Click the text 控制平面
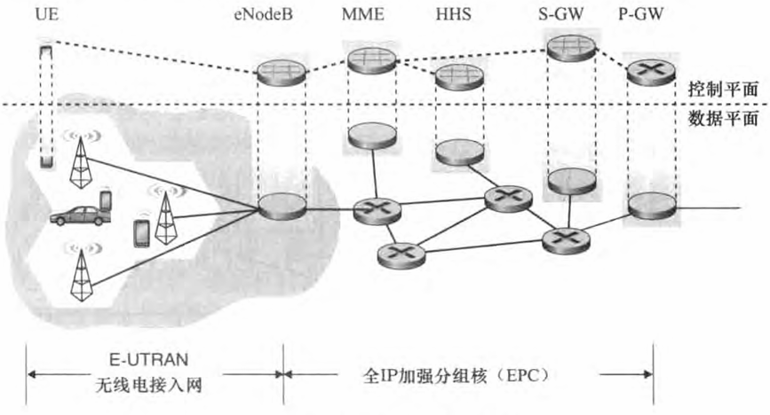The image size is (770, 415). pyautogui.click(x=720, y=90)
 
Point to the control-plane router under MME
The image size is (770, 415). pyautogui.click(x=367, y=59)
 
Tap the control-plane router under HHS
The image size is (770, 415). pyautogui.click(x=458, y=76)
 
